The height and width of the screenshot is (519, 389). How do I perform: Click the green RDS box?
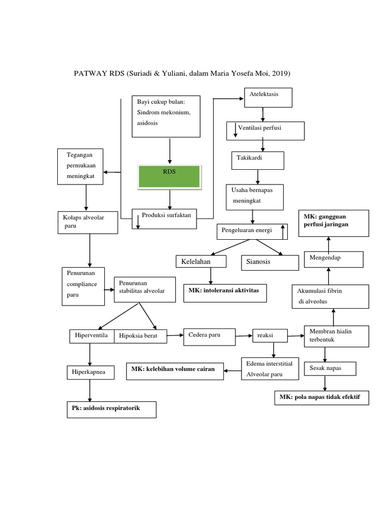pyautogui.click(x=169, y=177)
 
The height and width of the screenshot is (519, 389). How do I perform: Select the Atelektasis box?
pyautogui.click(x=268, y=98)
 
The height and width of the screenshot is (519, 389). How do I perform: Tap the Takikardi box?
pyautogui.click(x=258, y=161)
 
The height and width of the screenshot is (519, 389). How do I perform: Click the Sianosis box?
pyautogui.click(x=270, y=263)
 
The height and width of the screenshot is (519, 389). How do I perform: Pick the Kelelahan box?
pyautogui.click(x=201, y=261)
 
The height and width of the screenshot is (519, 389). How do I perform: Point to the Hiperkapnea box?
pyautogui.click(x=91, y=373)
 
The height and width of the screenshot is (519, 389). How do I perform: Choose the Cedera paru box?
pyautogui.click(x=209, y=337)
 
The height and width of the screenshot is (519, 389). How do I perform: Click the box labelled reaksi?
pyautogui.click(x=270, y=336)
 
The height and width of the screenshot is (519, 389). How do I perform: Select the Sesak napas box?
pyautogui.click(x=330, y=368)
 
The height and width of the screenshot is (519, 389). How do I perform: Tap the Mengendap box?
pyautogui.click(x=334, y=259)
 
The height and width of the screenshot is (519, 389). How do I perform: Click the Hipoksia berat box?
pyautogui.click(x=141, y=337)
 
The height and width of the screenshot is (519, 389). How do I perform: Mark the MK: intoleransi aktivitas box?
pyautogui.click(x=225, y=293)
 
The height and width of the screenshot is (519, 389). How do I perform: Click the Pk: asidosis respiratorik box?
pyautogui.click(x=111, y=410)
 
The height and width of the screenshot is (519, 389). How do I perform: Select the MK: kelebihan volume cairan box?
pyautogui.click(x=175, y=371)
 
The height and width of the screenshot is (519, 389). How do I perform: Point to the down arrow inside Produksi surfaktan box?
pyautogui.click(x=138, y=222)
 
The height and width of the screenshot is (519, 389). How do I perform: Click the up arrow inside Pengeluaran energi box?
pyautogui.click(x=283, y=232)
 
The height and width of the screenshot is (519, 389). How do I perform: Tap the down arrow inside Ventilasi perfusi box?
pyautogui.click(x=236, y=130)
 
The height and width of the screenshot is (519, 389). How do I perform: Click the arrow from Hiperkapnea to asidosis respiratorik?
pyautogui.click(x=90, y=391)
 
